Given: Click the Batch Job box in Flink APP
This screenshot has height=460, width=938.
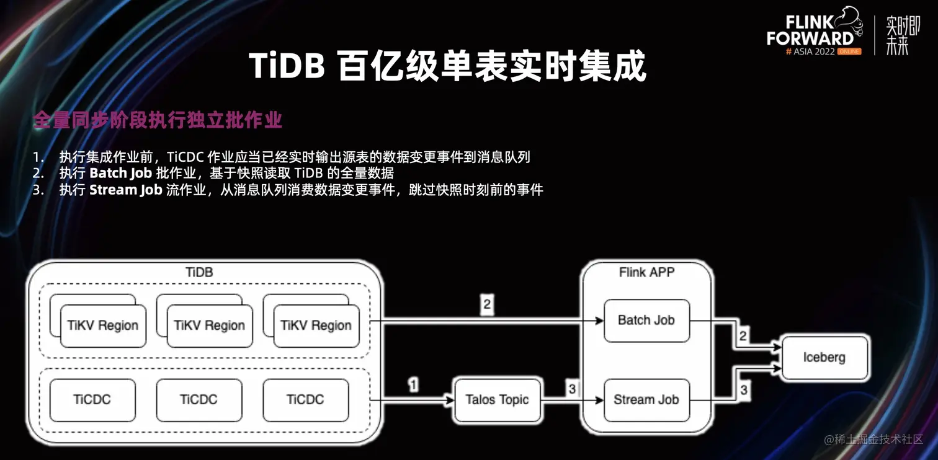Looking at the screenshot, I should point(646,321).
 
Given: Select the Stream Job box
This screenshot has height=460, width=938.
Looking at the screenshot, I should point(646,400).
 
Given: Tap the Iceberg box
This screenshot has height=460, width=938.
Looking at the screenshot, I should point(824,357).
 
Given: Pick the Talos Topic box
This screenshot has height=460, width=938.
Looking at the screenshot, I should point(497,400).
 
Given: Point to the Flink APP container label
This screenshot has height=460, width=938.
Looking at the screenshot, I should point(646,272).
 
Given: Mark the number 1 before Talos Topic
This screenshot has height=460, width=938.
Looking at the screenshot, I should point(413,385).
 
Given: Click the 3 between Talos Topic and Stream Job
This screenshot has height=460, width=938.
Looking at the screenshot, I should point(572,389).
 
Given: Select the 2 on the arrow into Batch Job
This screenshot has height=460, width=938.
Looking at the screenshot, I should point(487,304).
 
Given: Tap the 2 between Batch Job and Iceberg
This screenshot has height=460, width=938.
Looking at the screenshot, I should point(743,336).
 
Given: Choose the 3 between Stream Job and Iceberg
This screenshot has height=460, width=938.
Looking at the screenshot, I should point(743,391).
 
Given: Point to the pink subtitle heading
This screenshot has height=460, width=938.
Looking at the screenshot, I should point(158,120).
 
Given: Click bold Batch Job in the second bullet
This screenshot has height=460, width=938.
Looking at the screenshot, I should point(121,173).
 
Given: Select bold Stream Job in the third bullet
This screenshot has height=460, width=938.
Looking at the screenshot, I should point(125,190).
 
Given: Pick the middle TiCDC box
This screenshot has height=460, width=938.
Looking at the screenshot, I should point(199,400).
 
